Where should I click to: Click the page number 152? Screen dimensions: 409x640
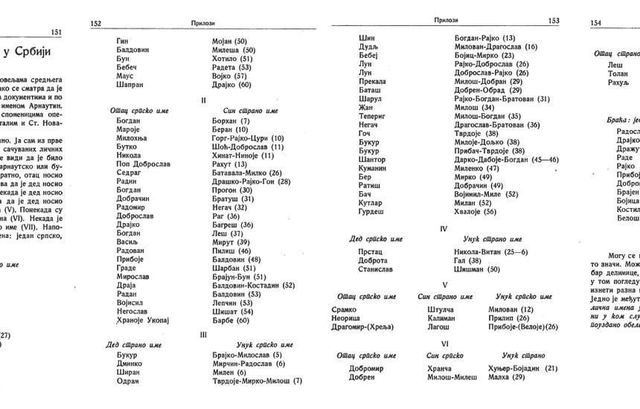[x=96, y=24]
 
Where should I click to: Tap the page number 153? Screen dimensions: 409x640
[x=553, y=22]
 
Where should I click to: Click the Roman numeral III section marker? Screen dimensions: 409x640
[x=203, y=335]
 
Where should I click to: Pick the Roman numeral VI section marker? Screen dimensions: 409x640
[x=444, y=344]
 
